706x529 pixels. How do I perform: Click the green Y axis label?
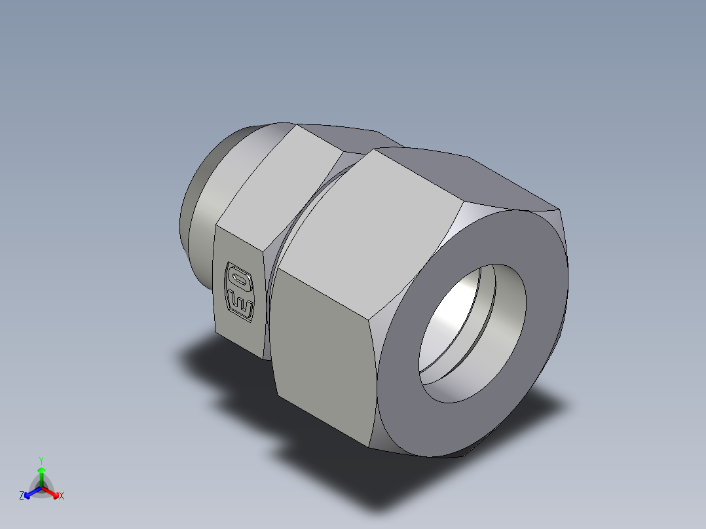pos(41,460)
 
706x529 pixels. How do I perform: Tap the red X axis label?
pos(61,496)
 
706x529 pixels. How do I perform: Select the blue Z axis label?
pos(22,496)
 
